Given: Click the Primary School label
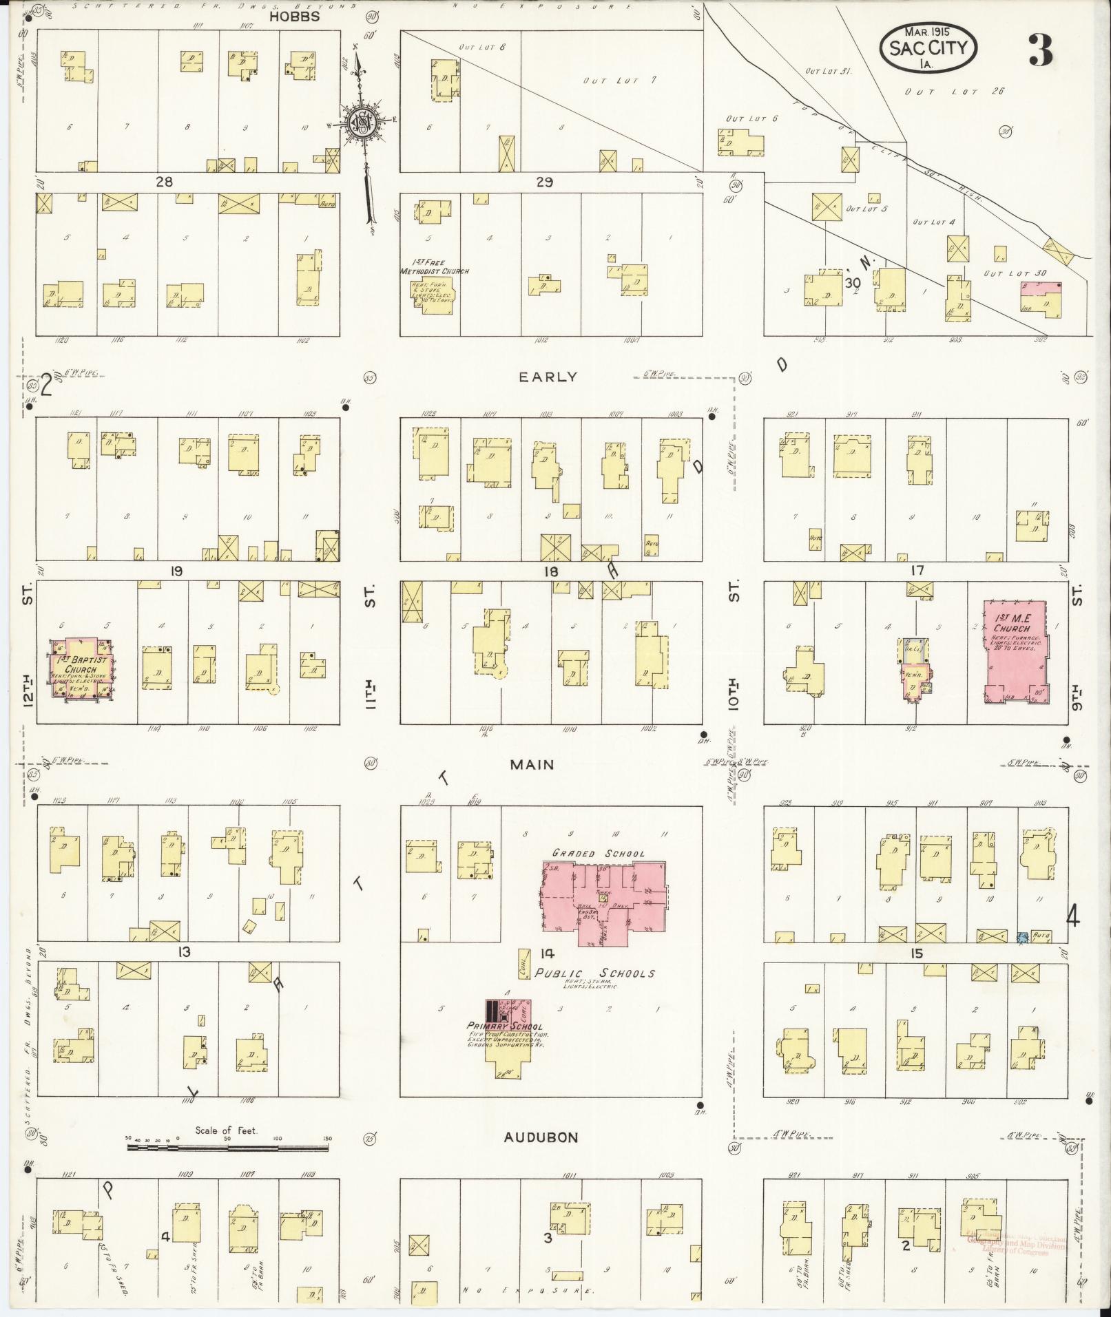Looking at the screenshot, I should [x=504, y=1026].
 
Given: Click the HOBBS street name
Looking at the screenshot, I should [x=294, y=17].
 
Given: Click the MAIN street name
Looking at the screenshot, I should [x=532, y=764].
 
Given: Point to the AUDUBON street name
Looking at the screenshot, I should [x=541, y=1137].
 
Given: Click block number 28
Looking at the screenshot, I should [x=164, y=182].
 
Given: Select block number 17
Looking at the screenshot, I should [x=916, y=570].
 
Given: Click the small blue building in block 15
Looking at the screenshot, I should [x=1022, y=936].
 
